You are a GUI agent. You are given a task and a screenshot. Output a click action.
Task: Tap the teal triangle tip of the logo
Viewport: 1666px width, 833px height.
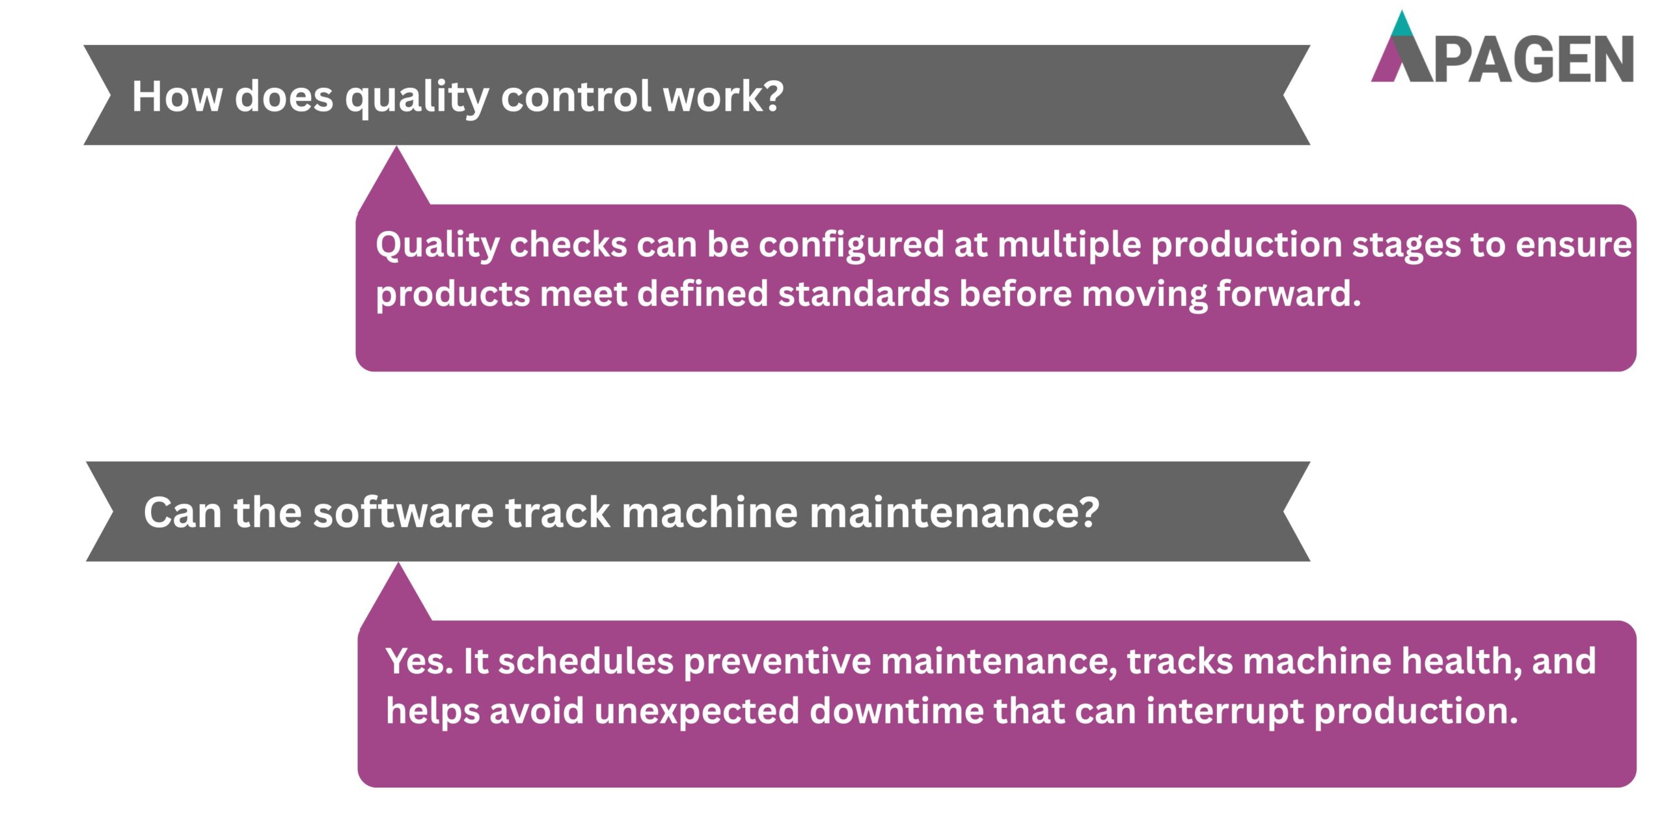click(x=1402, y=25)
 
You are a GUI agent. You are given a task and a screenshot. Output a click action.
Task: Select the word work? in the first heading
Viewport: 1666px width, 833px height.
click(x=722, y=96)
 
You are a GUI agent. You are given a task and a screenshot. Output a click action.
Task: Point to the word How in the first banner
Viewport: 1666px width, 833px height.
click(x=176, y=96)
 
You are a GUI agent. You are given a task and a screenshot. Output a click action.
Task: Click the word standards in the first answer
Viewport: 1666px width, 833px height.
click(x=863, y=294)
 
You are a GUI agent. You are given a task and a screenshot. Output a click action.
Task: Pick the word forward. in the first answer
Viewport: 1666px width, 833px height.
click(x=1289, y=294)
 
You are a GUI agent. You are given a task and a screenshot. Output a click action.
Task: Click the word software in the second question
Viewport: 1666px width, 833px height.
click(x=403, y=512)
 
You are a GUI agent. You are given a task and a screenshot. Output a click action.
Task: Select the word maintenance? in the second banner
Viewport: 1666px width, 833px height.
click(x=954, y=512)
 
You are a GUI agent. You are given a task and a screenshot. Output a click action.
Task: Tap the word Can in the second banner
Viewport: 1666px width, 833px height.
click(x=183, y=512)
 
